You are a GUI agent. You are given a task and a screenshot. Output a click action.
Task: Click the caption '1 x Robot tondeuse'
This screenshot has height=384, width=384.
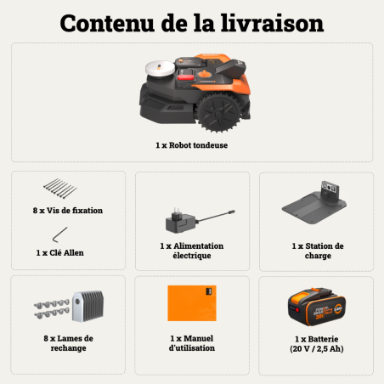[x=192, y=145]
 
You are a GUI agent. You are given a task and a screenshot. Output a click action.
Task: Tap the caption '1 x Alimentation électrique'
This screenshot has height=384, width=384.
[x=192, y=251]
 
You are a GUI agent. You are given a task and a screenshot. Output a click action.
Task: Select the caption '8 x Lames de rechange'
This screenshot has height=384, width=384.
[x=68, y=342]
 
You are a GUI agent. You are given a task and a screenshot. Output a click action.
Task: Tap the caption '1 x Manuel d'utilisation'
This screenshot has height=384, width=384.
[x=192, y=342]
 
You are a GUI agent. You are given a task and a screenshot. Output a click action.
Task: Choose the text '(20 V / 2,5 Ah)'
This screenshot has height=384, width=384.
[x=317, y=348]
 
